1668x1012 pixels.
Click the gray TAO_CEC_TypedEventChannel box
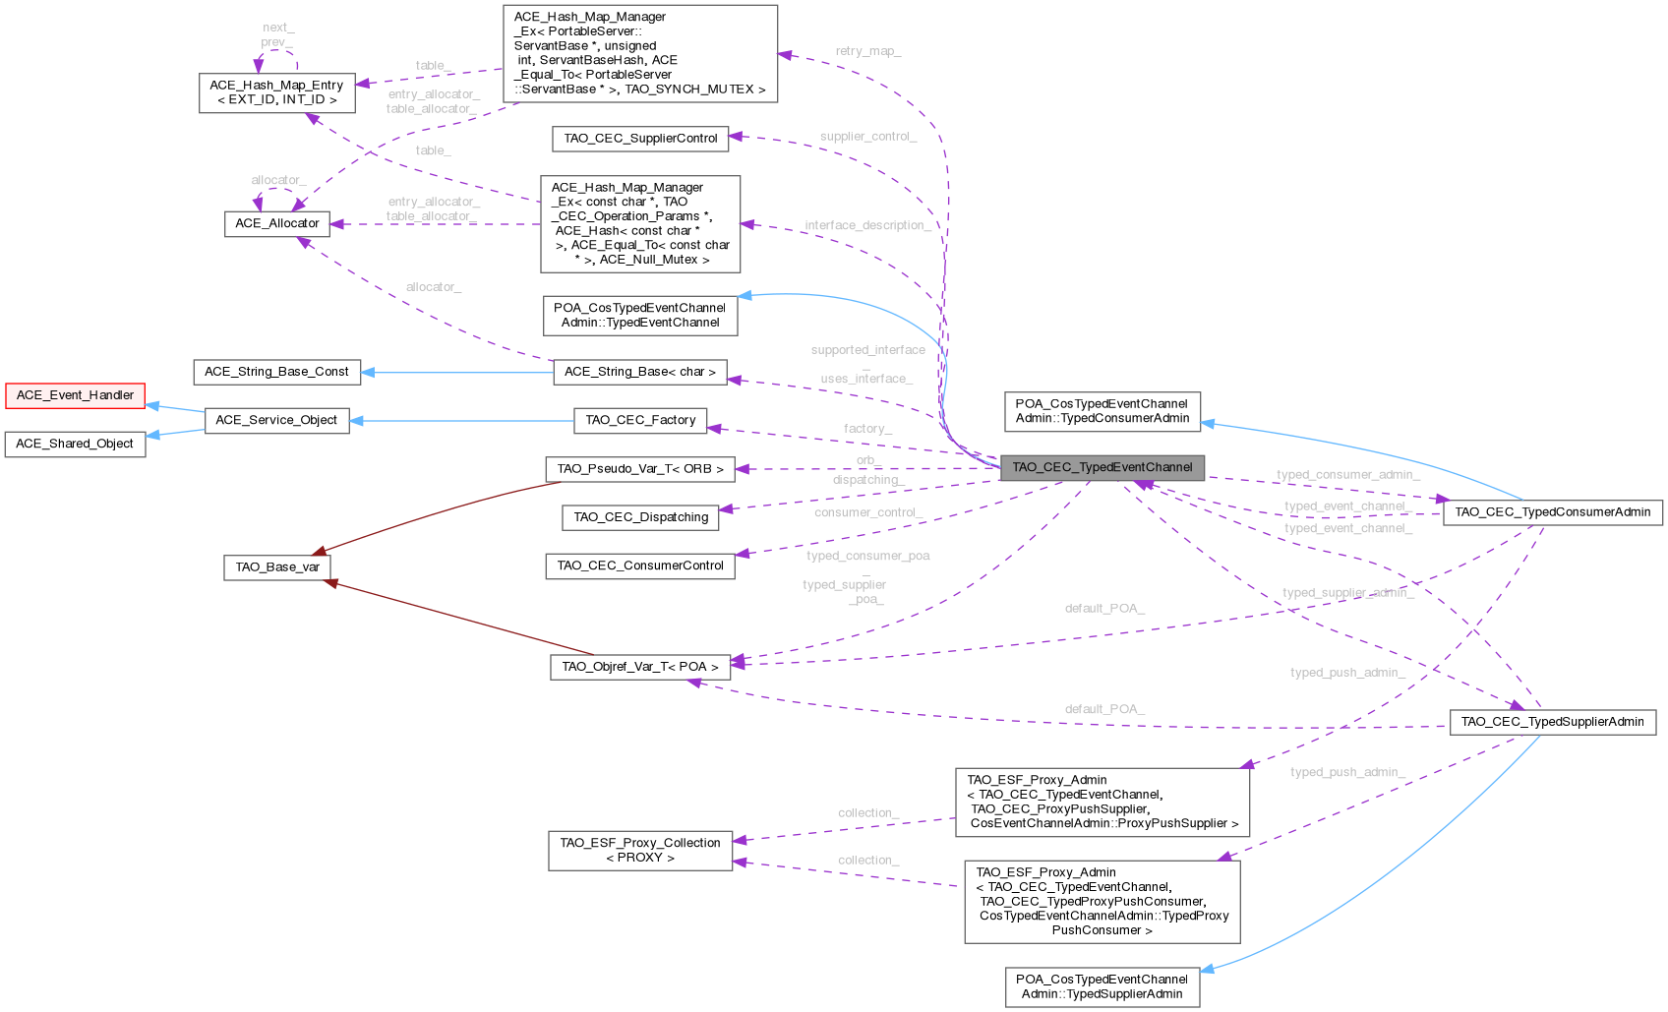click(x=1102, y=467)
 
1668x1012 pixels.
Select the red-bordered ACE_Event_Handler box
click(x=75, y=395)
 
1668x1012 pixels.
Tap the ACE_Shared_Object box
click(x=75, y=444)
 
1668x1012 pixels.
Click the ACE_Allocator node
click(x=276, y=223)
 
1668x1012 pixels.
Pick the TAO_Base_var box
click(x=276, y=566)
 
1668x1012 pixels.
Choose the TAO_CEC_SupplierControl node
click(x=640, y=139)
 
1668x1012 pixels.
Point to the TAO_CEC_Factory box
click(x=640, y=420)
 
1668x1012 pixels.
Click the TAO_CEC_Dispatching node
click(x=640, y=517)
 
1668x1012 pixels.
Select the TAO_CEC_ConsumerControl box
click(x=640, y=566)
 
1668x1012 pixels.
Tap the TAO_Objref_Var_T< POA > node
click(x=640, y=667)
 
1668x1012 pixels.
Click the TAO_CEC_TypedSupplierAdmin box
click(x=1552, y=722)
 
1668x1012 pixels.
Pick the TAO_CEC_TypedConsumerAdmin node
click(x=1552, y=512)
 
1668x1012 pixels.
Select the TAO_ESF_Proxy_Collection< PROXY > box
click(x=640, y=850)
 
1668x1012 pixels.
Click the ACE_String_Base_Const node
click(x=276, y=372)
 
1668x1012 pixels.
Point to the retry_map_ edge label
click(x=867, y=51)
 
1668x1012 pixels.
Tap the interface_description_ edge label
click(x=867, y=226)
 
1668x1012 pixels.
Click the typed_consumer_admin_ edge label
click(x=1347, y=475)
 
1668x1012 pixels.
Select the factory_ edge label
click(x=867, y=429)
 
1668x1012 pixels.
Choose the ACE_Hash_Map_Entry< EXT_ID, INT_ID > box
click(x=276, y=92)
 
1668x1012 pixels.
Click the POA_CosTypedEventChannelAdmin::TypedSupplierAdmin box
click(x=1102, y=986)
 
